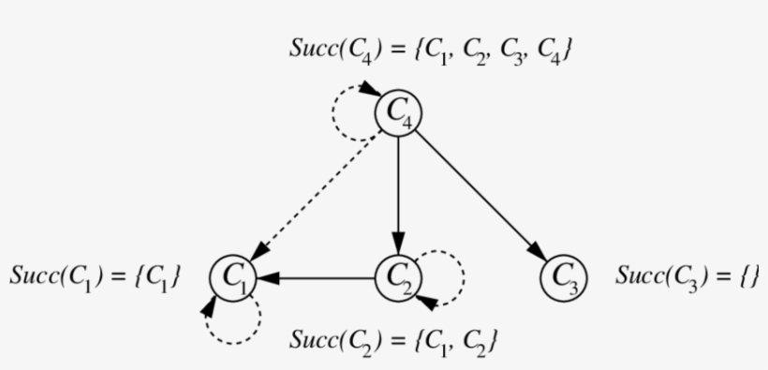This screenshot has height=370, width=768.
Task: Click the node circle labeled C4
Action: pyautogui.click(x=399, y=113)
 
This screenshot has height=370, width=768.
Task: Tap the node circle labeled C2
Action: pyautogui.click(x=399, y=277)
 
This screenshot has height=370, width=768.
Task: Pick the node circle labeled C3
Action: pyautogui.click(x=565, y=277)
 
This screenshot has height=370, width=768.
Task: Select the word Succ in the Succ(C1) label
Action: pyautogui.click(x=31, y=276)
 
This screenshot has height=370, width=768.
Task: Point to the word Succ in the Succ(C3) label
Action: pyautogui.click(x=636, y=276)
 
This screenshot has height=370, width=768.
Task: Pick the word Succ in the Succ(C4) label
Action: pyautogui.click(x=311, y=50)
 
